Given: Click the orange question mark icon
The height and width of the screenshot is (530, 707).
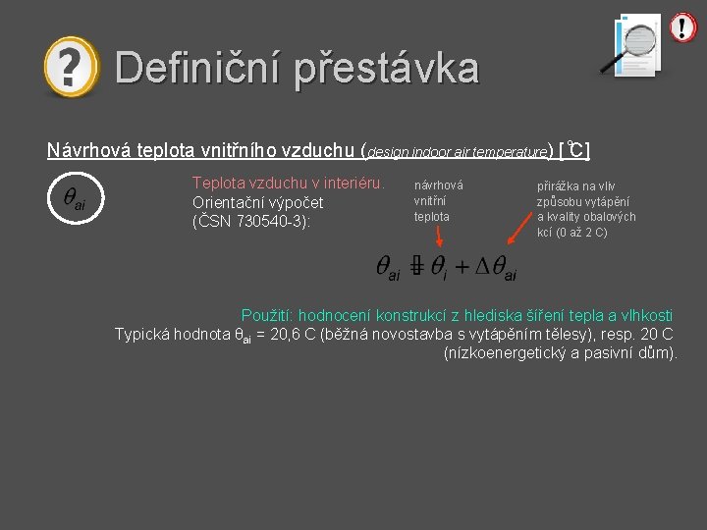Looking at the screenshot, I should pyautogui.click(x=71, y=68).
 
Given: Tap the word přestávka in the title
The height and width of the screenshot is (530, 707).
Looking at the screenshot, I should pyautogui.click(x=387, y=69).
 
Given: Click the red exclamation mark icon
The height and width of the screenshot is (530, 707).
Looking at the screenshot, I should pyautogui.click(x=682, y=27).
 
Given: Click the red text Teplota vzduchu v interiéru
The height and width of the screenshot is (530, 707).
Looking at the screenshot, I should pyautogui.click(x=288, y=183).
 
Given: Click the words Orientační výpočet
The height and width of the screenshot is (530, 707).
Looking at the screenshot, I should pyautogui.click(x=257, y=202).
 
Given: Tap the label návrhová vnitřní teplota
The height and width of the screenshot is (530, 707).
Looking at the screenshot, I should pyautogui.click(x=437, y=200).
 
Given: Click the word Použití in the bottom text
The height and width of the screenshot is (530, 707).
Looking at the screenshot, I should pyautogui.click(x=266, y=315).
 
